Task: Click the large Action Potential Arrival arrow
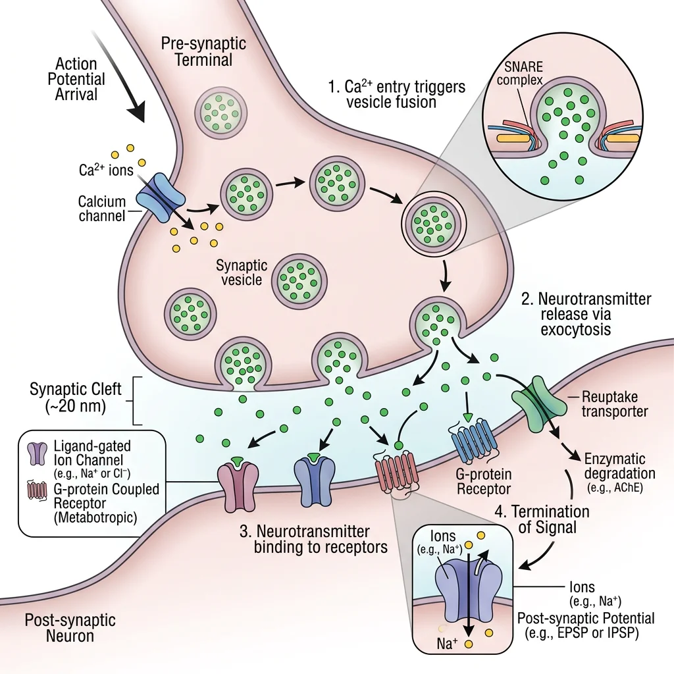tap(126, 91)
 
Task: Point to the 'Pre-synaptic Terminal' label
tap(205, 52)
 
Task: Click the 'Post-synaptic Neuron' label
tap(70, 628)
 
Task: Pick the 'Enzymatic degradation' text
tap(615, 466)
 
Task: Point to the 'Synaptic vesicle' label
tap(242, 272)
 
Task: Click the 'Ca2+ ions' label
tap(103, 169)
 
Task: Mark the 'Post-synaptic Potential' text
tap(586, 618)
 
